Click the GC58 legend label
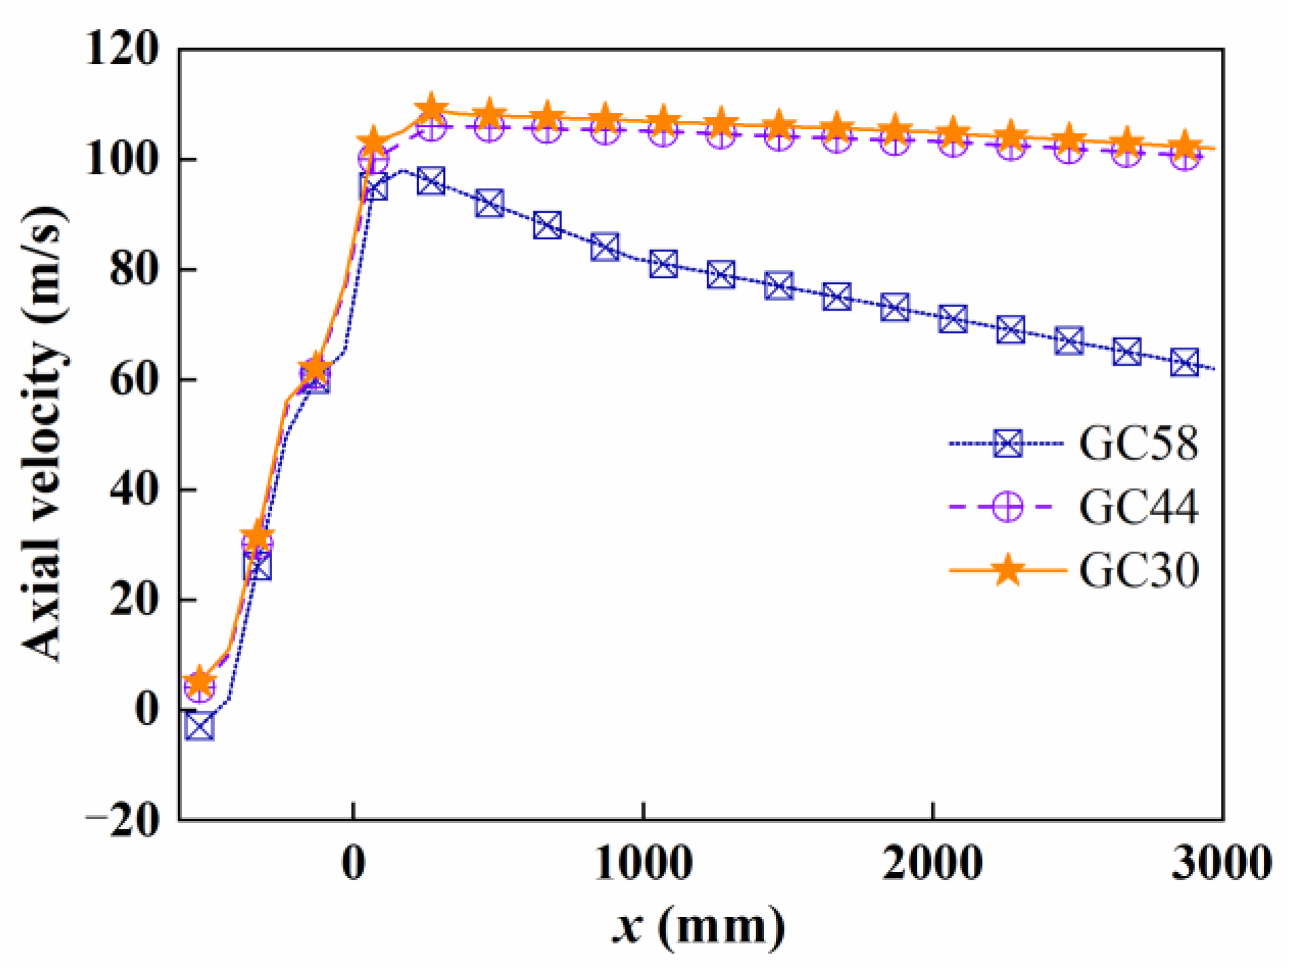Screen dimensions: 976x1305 tap(1138, 444)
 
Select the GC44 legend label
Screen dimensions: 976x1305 tap(1138, 507)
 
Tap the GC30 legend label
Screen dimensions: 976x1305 tap(1138, 570)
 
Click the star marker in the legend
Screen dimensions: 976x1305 tap(1008, 570)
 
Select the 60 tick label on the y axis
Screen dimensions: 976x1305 tap(133, 379)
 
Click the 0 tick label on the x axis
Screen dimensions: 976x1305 tap(353, 863)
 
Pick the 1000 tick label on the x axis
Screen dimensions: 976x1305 tap(643, 863)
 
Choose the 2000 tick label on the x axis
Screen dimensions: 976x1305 tap(933, 863)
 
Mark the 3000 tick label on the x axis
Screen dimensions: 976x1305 tap(1221, 863)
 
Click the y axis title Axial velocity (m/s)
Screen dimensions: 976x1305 tap(44, 435)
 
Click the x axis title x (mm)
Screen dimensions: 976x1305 tap(699, 926)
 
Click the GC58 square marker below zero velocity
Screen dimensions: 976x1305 tap(199, 727)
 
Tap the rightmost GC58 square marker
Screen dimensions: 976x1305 tap(1185, 363)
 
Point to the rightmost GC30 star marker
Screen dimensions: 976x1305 tap(1185, 145)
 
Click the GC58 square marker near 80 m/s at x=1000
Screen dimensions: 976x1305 tap(663, 264)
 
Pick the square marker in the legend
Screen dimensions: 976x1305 tap(1008, 444)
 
